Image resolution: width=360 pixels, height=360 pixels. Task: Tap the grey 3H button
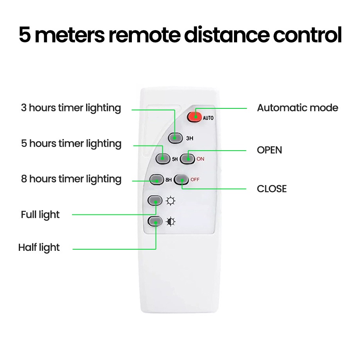(x=175, y=137)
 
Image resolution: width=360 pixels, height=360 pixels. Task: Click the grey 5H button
(x=163, y=158)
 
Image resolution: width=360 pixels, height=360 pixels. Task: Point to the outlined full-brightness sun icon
(x=170, y=201)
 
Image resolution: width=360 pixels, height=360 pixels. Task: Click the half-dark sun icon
(x=170, y=222)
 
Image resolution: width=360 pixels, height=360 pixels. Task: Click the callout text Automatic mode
(x=297, y=108)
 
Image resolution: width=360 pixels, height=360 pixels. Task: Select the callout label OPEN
(x=269, y=150)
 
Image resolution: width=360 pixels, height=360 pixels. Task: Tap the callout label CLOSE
(x=272, y=189)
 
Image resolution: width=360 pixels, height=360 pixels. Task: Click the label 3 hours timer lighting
(x=71, y=108)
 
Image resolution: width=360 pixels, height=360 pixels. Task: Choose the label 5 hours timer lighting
(x=71, y=144)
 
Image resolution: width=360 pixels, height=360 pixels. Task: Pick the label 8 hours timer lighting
(x=71, y=179)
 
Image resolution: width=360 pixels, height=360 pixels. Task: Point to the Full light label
(x=40, y=214)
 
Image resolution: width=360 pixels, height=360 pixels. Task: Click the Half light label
(x=39, y=247)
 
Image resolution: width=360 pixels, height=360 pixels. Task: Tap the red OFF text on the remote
(x=195, y=180)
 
